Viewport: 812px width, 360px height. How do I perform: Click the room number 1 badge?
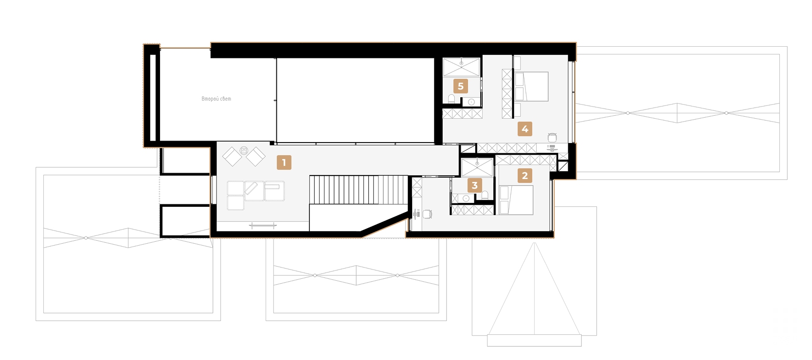[x=284, y=162]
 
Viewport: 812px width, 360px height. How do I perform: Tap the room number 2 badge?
[x=524, y=176]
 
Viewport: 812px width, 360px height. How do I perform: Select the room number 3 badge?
[x=474, y=185]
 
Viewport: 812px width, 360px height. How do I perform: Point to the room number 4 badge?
[x=524, y=129]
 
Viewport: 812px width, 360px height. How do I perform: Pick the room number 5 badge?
[x=460, y=86]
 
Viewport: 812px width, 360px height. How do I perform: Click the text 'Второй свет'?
[x=216, y=99]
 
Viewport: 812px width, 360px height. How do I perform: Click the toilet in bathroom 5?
[x=451, y=99]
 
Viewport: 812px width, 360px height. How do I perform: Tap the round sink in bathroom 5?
[x=471, y=102]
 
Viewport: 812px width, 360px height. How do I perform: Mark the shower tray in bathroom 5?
[x=461, y=68]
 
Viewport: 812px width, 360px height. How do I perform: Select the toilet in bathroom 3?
[x=485, y=195]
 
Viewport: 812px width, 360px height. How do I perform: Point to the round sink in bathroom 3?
[x=466, y=198]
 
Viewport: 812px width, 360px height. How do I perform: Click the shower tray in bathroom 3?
[x=477, y=168]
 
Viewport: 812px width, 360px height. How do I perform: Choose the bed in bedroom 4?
[x=531, y=86]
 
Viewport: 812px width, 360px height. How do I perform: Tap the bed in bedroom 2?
[x=516, y=200]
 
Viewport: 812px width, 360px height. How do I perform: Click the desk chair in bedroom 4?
[x=552, y=138]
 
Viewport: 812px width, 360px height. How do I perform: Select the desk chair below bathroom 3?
[x=428, y=214]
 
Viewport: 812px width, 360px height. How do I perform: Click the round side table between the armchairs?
[x=244, y=150]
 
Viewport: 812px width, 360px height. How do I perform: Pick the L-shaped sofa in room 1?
[x=255, y=195]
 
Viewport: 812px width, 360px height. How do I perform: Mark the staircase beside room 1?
[x=359, y=190]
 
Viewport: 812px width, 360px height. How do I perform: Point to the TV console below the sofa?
[x=263, y=226]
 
